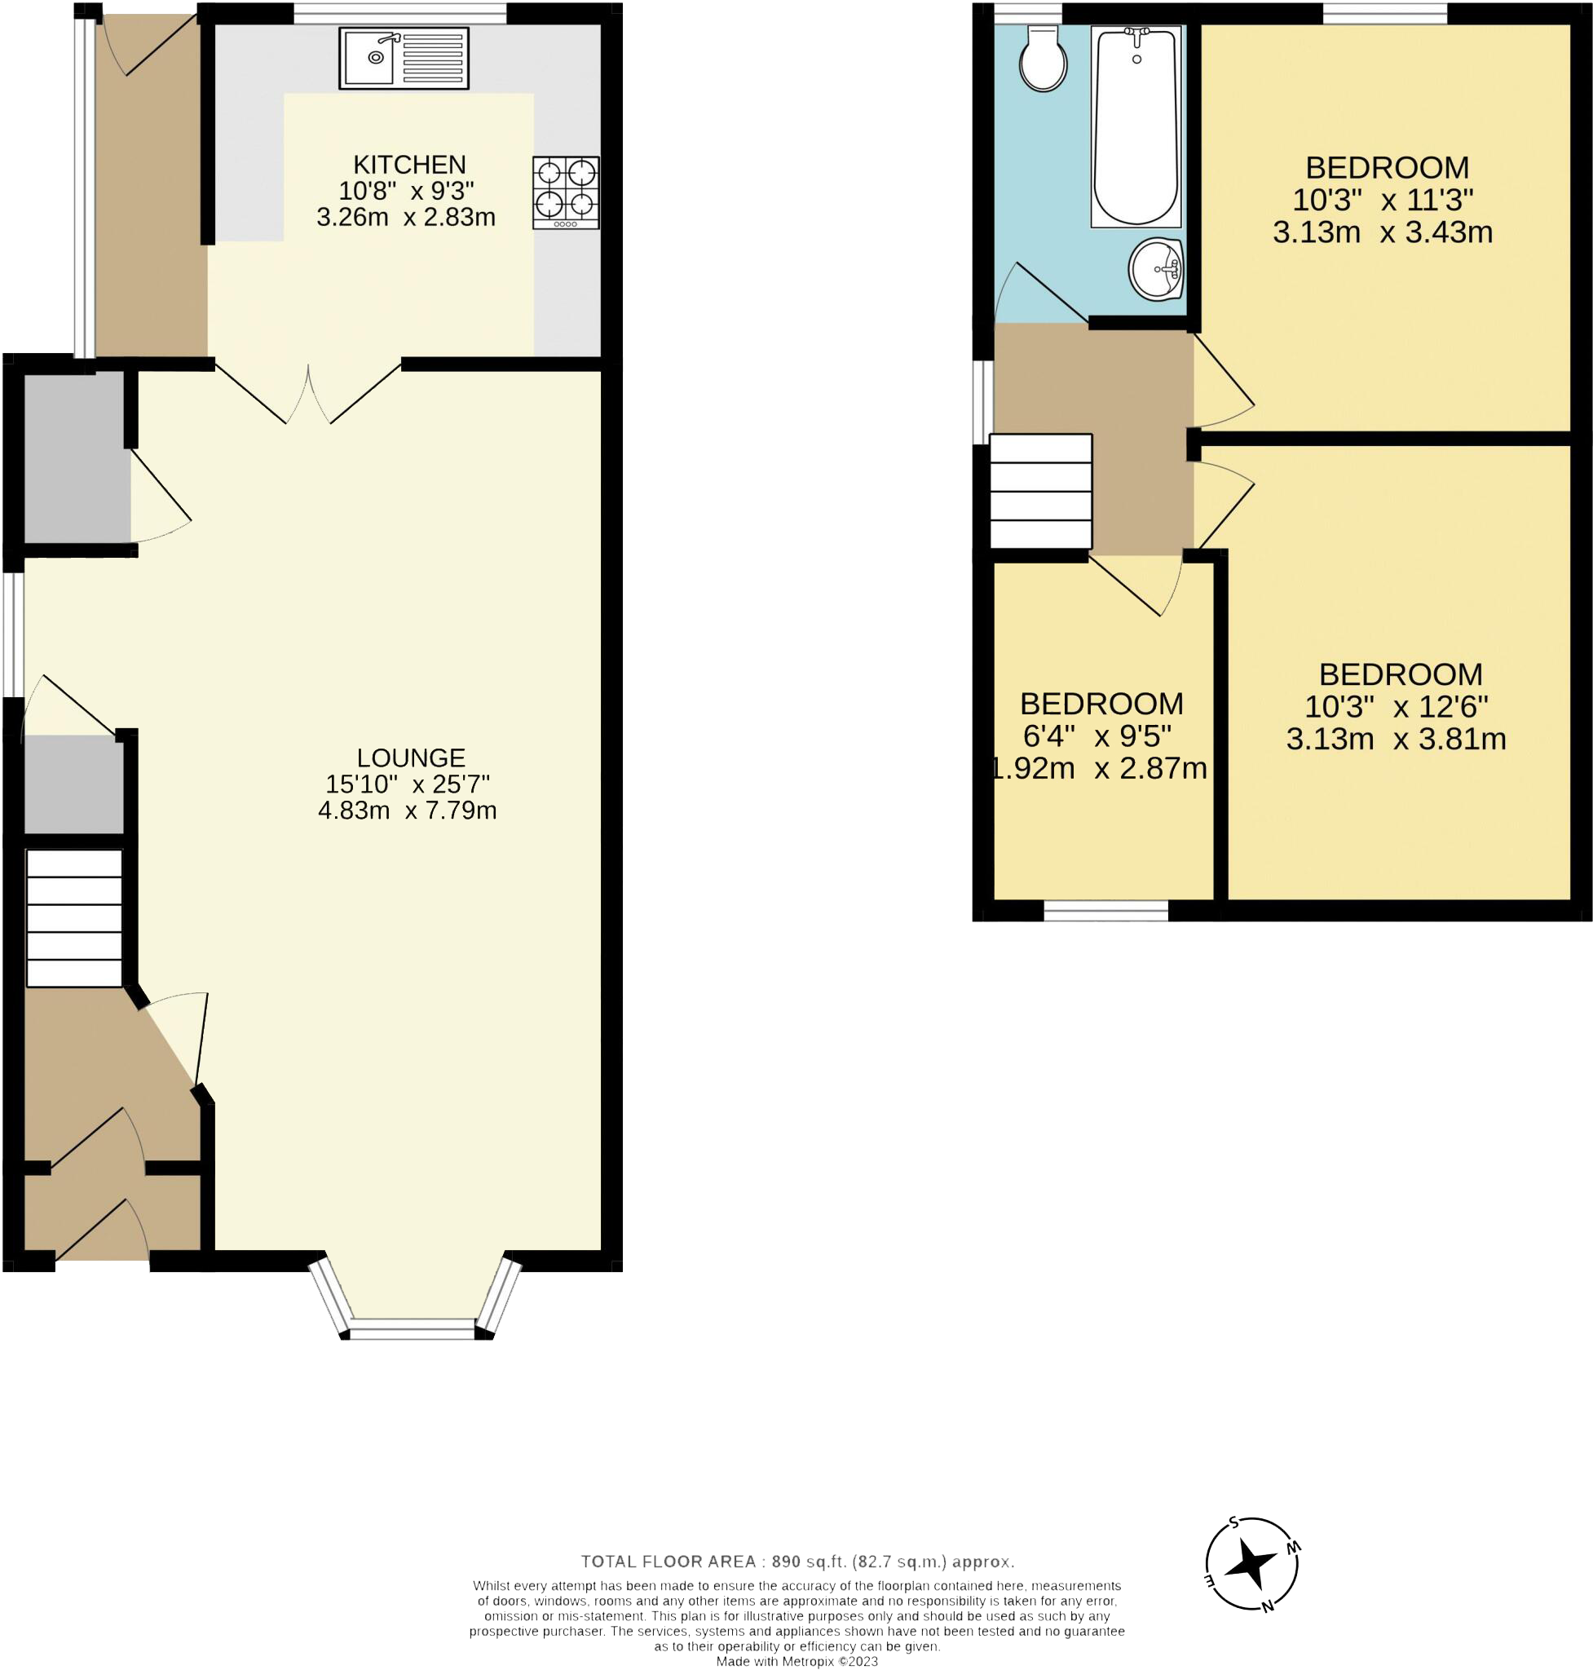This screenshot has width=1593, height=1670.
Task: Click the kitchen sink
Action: [x=404, y=59]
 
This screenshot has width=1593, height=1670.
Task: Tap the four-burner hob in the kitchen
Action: [x=566, y=192]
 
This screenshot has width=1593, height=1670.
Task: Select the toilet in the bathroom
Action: [x=1043, y=58]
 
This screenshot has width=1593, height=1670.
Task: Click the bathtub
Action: [x=1136, y=127]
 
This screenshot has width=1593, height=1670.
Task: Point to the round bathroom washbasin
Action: [x=1157, y=270]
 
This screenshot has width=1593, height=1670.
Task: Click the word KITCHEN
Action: [x=409, y=164]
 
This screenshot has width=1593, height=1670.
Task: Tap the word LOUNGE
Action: [x=411, y=757]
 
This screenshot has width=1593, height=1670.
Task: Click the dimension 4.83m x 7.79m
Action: [x=408, y=811]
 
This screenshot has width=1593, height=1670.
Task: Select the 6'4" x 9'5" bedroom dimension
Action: [x=1097, y=735]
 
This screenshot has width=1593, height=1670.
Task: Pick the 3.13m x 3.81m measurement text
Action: [x=1396, y=738]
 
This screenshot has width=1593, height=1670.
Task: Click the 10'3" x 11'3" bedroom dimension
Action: [x=1383, y=200]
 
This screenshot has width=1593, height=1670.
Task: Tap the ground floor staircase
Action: [x=75, y=918]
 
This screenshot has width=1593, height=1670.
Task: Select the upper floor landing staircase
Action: [x=1041, y=491]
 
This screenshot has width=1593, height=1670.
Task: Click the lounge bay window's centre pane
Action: [x=413, y=1328]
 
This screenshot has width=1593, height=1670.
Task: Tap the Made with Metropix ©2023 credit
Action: [x=796, y=1662]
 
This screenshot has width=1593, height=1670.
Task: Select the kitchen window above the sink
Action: [x=400, y=14]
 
